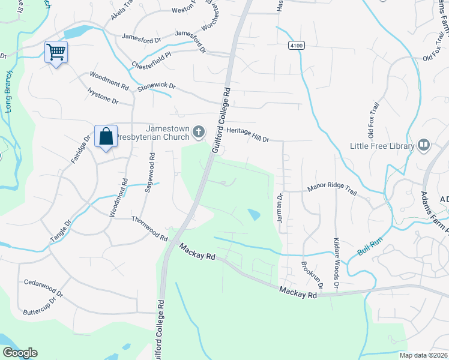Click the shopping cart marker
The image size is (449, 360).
56,52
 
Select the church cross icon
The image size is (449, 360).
199,131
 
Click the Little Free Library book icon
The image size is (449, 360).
424,145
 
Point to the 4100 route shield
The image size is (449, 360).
295,45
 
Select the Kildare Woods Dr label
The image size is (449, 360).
336,259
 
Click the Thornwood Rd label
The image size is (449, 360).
149,229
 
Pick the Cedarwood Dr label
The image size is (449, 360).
42,282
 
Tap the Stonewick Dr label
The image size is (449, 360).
156,86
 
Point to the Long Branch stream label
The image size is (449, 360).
10,93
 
